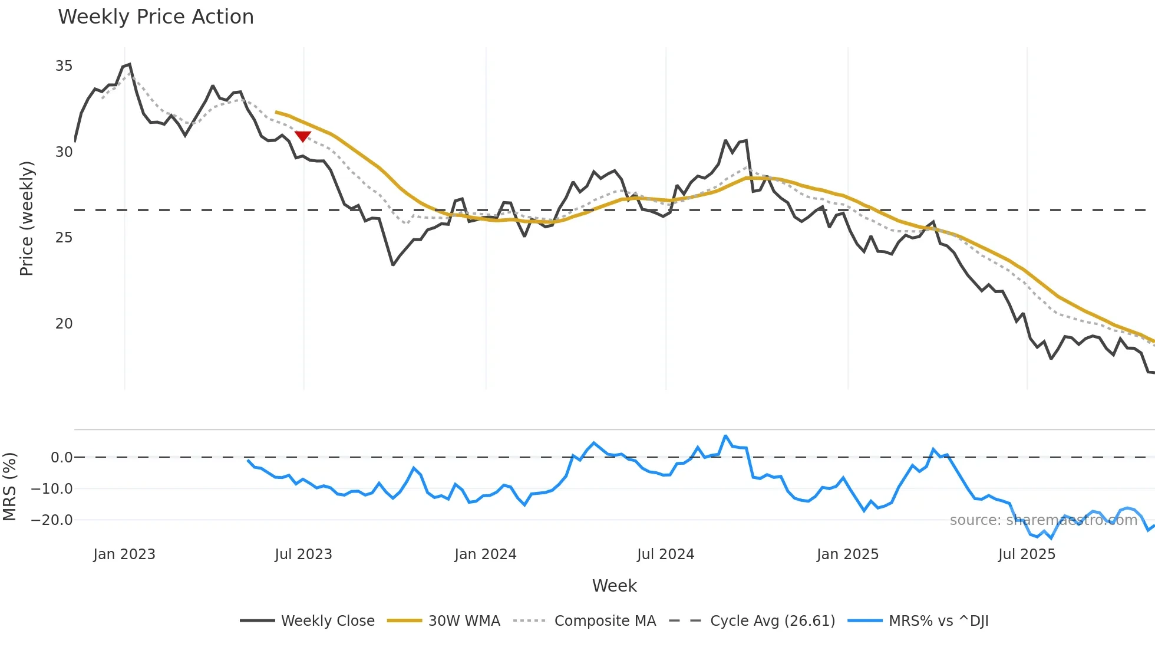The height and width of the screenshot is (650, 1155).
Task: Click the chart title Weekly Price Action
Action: tap(156, 17)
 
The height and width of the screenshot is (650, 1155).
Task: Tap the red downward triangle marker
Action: tap(302, 137)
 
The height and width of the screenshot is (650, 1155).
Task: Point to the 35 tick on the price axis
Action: tap(64, 66)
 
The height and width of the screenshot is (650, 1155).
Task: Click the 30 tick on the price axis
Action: tap(64, 152)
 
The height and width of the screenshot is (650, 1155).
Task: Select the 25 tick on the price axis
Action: tap(64, 238)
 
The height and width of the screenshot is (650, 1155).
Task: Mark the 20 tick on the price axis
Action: tap(64, 324)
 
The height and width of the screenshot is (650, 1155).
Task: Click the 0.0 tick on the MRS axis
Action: tap(61, 458)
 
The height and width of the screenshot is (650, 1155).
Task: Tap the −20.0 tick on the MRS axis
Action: tap(52, 520)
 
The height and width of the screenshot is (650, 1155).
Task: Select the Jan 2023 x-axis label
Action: tap(124, 554)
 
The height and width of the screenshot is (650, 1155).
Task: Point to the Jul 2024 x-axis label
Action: tap(665, 554)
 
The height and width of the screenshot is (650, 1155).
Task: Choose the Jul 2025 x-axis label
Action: tap(1027, 554)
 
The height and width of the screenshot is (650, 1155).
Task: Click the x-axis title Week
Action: tap(614, 586)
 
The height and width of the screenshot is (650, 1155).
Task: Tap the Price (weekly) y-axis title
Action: tap(27, 218)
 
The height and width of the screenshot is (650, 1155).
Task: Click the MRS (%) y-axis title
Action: tap(9, 487)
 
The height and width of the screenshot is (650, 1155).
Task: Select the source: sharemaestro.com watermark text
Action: tap(1043, 520)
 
